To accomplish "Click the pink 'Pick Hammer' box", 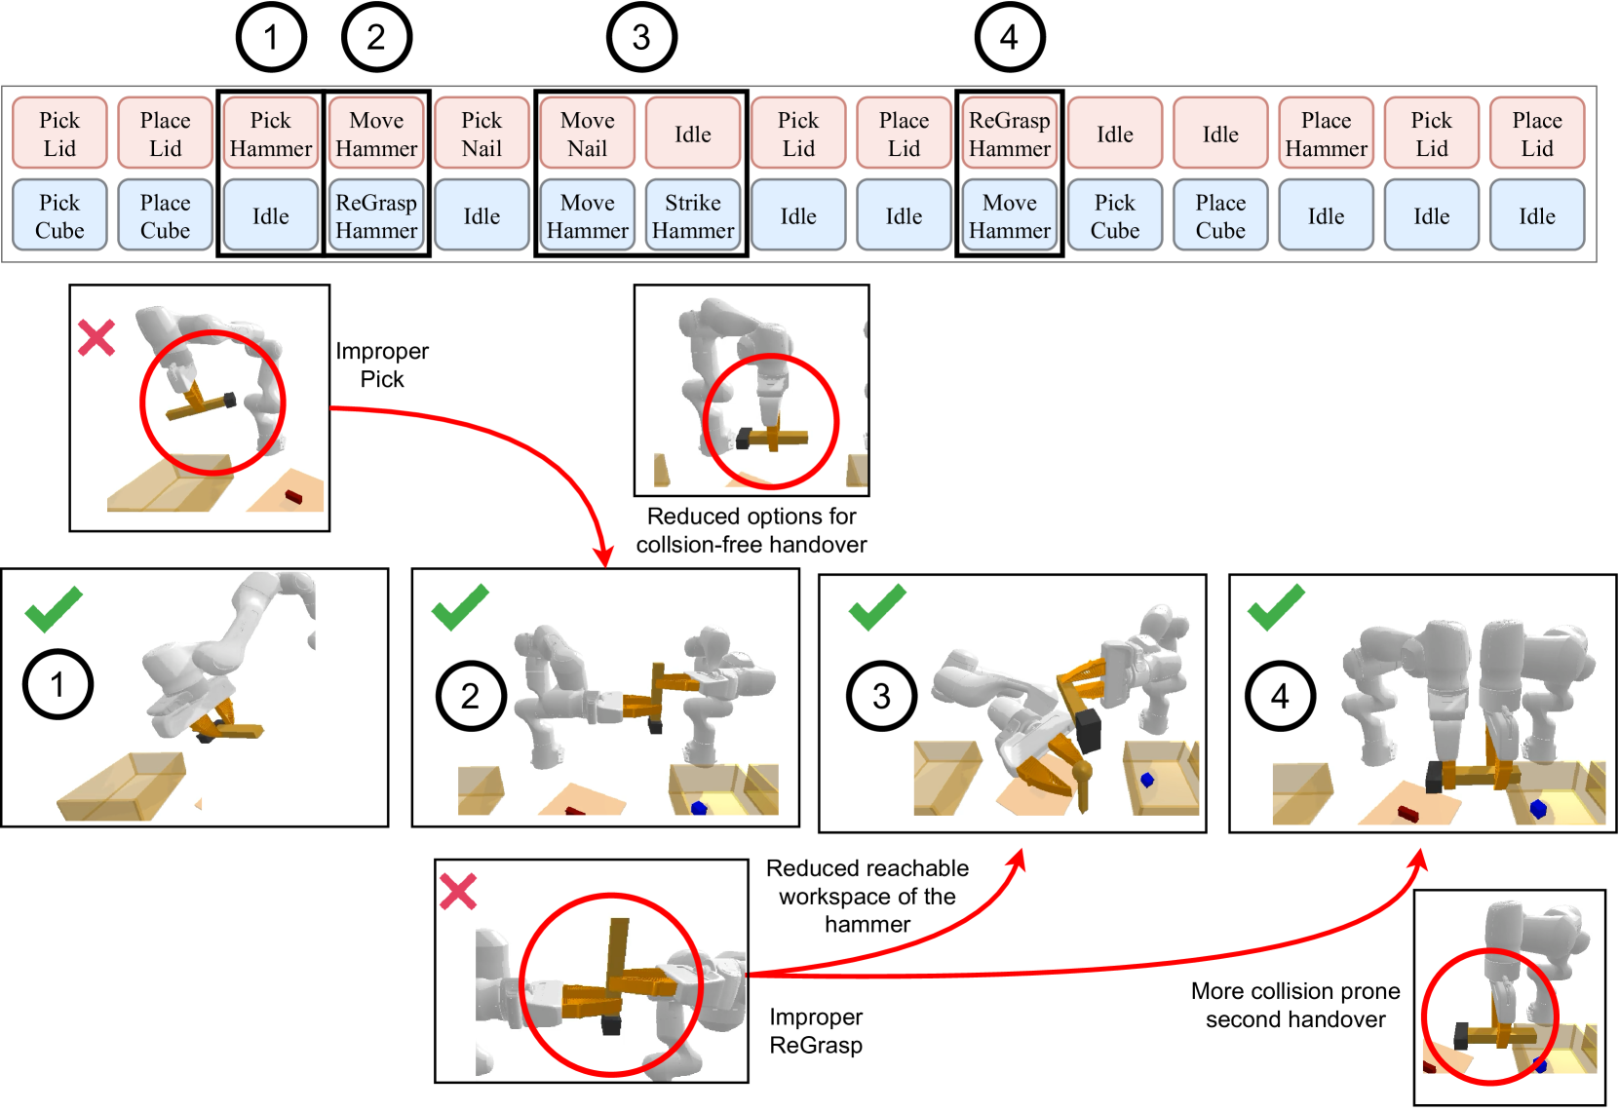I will coord(270,134).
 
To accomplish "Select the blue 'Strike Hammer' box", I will coord(692,215).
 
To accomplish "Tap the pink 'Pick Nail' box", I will coord(482,134).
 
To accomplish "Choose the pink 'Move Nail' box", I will coord(587,134).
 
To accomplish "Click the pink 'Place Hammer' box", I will coord(1326,134).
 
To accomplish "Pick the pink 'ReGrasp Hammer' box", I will coord(1009,134).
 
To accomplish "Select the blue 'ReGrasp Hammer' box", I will coord(376,215).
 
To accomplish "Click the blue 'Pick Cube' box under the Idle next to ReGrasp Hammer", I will coord(1114,215).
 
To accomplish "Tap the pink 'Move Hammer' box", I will coord(376,134).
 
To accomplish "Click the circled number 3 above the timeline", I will coord(641,37).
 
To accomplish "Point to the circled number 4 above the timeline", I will coord(1009,37).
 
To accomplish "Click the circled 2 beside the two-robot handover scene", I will coord(471,696).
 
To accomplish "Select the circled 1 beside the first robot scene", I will coord(58,684).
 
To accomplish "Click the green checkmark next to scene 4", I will coord(1275,607).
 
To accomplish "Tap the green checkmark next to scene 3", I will coord(877,607).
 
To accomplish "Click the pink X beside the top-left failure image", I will coord(96,338).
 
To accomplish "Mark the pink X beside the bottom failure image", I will coord(456,890).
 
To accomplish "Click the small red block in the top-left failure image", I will coord(293,497).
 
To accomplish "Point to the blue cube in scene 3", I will coord(1147,780).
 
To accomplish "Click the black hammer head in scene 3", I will coord(1089,731).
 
